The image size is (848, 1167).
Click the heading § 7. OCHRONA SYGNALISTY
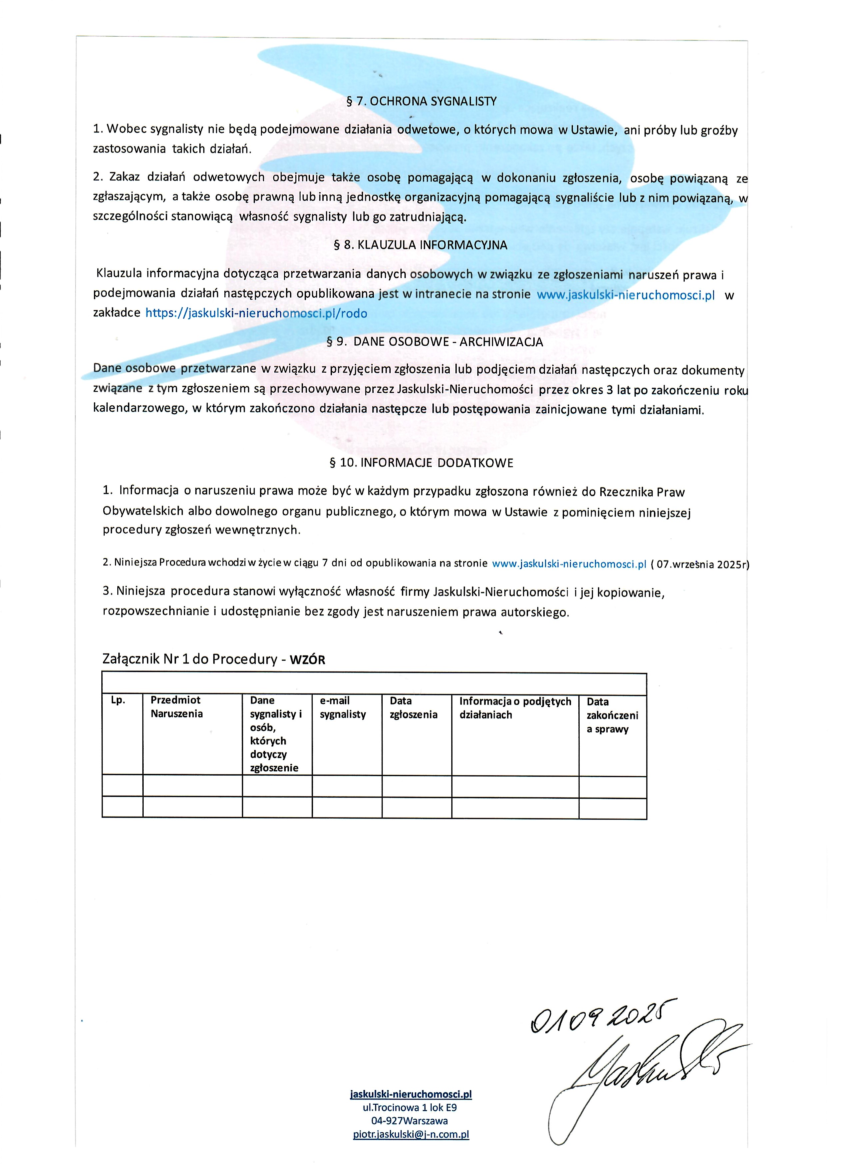[421, 101]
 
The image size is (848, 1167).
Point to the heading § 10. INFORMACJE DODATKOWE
[421, 463]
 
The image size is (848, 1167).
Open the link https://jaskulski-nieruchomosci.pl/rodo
[256, 313]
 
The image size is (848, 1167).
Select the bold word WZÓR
[307, 660]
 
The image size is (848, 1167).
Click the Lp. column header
[118, 700]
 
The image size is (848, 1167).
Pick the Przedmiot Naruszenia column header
[176, 707]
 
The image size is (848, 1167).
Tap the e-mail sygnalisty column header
[342, 707]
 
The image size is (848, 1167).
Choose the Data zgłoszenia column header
[413, 707]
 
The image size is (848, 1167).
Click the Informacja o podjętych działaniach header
[515, 708]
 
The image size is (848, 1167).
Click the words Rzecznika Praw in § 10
[642, 492]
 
